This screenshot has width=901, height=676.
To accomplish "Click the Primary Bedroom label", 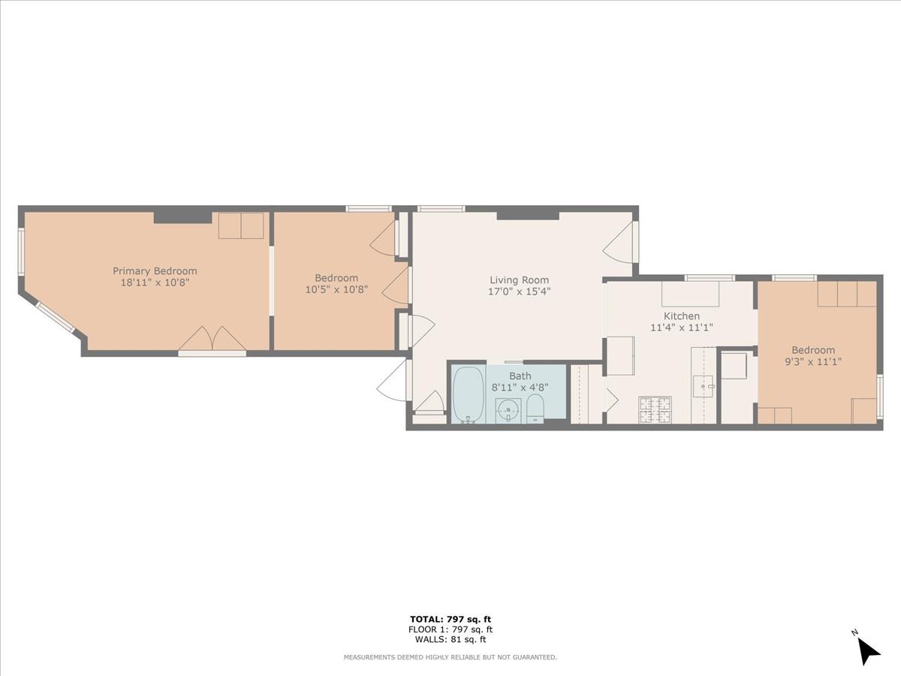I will pyautogui.click(x=155, y=271).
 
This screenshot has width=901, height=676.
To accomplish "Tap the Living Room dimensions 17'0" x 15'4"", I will pyautogui.click(x=520, y=292).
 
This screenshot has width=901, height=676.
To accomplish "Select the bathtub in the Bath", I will pyautogui.click(x=468, y=394).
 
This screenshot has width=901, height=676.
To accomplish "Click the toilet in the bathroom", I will pyautogui.click(x=535, y=409).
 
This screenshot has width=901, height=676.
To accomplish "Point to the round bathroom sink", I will pyautogui.click(x=508, y=411).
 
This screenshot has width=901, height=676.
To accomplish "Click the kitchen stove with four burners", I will pyautogui.click(x=654, y=409).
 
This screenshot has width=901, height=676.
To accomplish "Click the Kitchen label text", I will pyautogui.click(x=681, y=316).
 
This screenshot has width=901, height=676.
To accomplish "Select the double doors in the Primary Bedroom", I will pyautogui.click(x=212, y=340).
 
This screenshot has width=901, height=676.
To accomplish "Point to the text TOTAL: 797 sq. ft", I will pyautogui.click(x=450, y=619).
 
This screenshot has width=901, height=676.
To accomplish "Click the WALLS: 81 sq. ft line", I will pyautogui.click(x=450, y=640).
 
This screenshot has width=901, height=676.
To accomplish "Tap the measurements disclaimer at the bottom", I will pyautogui.click(x=450, y=657).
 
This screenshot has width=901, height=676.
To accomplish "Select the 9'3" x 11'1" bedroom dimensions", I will pyautogui.click(x=813, y=361).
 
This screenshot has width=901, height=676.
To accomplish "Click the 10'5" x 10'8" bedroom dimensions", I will pyautogui.click(x=336, y=289).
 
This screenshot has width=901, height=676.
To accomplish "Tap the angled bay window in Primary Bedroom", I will pyautogui.click(x=55, y=317).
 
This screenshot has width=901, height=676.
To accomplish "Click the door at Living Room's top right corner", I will pyautogui.click(x=620, y=243).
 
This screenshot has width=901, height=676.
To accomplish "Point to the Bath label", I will pyautogui.click(x=520, y=376).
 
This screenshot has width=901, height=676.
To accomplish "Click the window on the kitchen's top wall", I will pyautogui.click(x=710, y=278).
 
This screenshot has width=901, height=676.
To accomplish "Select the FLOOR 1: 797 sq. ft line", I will pyautogui.click(x=450, y=629).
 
